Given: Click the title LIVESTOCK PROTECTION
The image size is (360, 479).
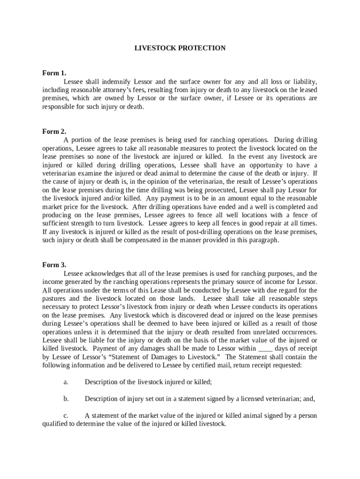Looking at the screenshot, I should [x=180, y=48].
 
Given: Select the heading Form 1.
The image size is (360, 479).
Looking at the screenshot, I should [x=54, y=73].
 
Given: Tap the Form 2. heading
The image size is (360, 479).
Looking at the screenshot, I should [x=54, y=131].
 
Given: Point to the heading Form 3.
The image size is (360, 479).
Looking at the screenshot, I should [x=54, y=265].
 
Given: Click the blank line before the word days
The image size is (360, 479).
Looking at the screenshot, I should [x=265, y=348].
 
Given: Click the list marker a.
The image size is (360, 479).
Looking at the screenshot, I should [x=66, y=382].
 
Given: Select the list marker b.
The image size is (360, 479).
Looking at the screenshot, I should [x=66, y=399].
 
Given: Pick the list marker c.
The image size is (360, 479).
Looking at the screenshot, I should [x=66, y=416].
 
